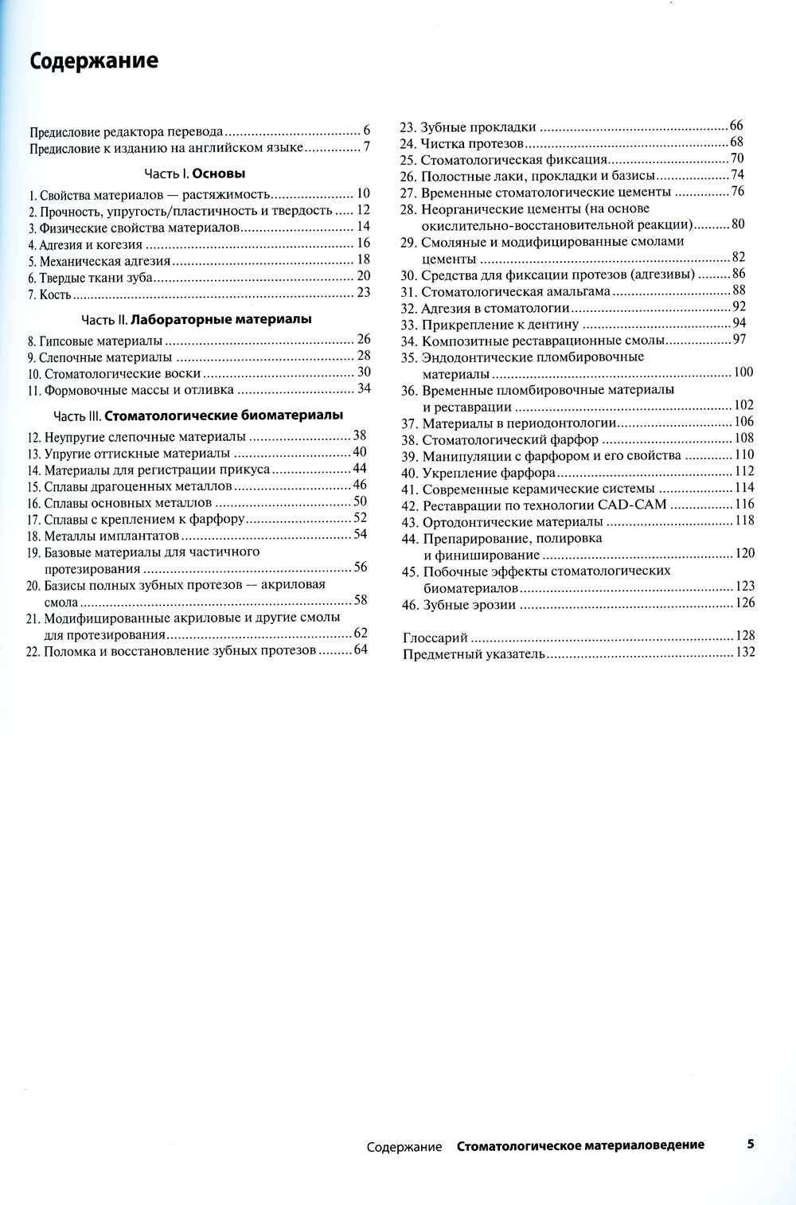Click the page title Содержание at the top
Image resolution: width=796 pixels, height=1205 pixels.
pos(94,61)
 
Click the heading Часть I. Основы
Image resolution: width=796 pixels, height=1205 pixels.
pos(195,173)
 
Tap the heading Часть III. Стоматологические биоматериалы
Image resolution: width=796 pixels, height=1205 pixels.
pos(198,415)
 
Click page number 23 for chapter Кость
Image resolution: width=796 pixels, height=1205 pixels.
pos(364,292)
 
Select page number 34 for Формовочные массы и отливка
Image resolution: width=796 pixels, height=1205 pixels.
pos(365,388)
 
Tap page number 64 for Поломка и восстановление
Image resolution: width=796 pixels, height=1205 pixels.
pos(361,649)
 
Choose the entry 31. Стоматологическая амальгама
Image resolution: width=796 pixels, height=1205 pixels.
pos(505,291)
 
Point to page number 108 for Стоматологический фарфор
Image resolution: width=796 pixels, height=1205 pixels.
pos(744,438)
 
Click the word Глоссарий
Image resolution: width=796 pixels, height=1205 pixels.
pos(435,638)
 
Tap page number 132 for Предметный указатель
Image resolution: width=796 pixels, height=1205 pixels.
pos(745,653)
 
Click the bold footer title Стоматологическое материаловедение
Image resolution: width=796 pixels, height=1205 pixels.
pos(580,1145)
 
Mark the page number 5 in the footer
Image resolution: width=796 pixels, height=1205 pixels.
pos(750,1145)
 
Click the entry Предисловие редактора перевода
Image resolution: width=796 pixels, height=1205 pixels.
pos(127,131)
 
